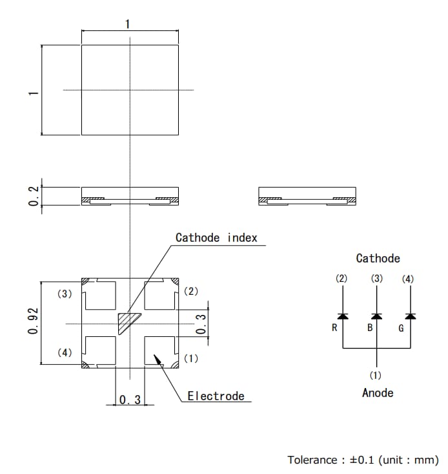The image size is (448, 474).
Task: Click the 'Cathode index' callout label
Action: (216, 238)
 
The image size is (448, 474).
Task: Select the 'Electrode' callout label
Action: (216, 396)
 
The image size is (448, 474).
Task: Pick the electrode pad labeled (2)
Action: (161, 295)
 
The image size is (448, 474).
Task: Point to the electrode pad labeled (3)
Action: (100, 295)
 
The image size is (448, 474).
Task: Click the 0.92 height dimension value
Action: (33, 321)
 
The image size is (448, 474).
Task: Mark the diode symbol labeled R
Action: (342, 316)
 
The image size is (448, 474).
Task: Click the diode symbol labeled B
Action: (377, 316)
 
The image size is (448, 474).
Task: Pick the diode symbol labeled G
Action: (410, 316)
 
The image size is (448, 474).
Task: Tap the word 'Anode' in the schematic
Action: (377, 393)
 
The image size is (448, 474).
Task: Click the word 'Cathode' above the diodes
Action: (378, 259)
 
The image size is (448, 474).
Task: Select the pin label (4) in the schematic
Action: (408, 279)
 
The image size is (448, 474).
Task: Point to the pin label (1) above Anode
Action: (376, 375)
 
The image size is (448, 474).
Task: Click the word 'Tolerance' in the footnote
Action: (312, 460)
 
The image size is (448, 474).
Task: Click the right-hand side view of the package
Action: (307, 196)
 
